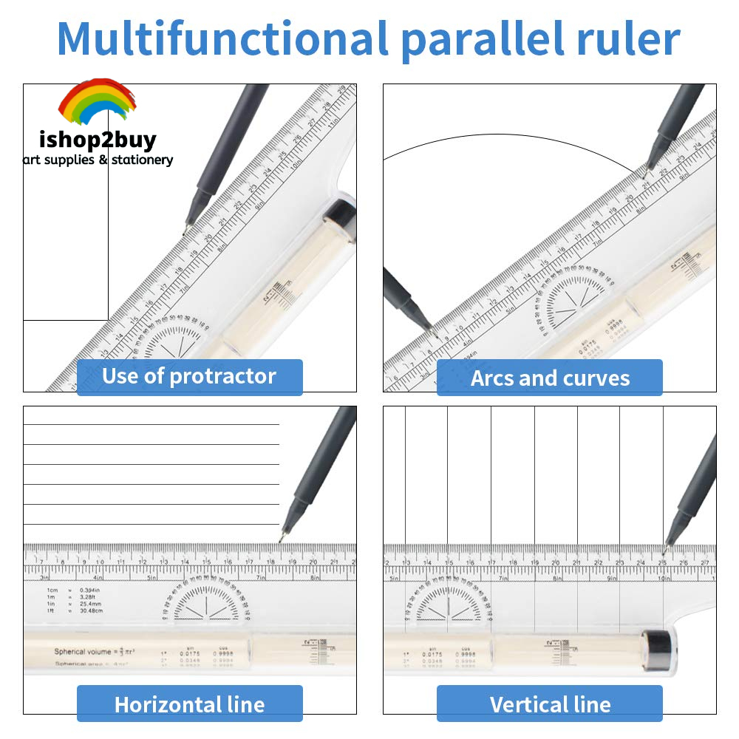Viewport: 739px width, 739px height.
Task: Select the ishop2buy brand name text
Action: pyautogui.click(x=98, y=140)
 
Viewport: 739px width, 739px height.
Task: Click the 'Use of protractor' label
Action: pyautogui.click(x=189, y=377)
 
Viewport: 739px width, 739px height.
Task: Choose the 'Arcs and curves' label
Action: pyautogui.click(x=550, y=378)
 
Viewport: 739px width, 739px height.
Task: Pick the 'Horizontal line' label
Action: pyautogui.click(x=189, y=704)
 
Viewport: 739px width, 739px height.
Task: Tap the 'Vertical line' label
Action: pyautogui.click(x=550, y=704)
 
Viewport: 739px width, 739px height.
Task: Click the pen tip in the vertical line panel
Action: pyautogui.click(x=664, y=551)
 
